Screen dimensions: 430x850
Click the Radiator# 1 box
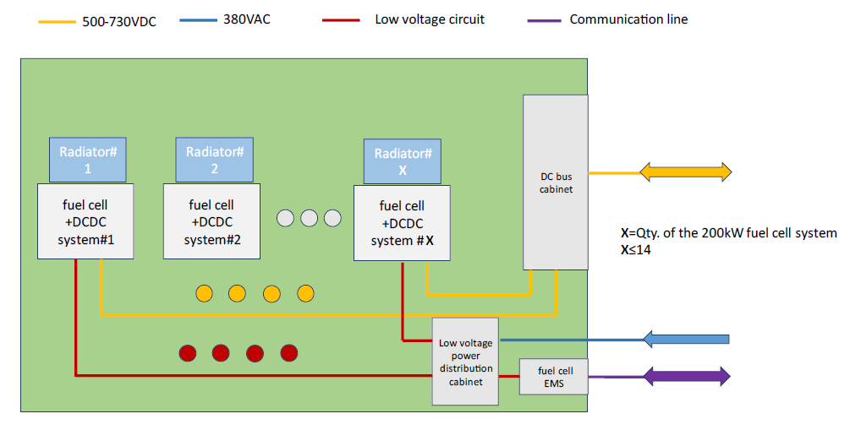tap(87, 160)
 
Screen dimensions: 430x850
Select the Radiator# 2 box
tap(214, 160)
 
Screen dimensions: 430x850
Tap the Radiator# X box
tap(403, 161)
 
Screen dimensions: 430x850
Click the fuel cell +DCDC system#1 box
tap(85, 222)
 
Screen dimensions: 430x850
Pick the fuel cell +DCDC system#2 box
tap(211, 222)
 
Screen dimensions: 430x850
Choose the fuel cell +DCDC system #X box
tap(402, 223)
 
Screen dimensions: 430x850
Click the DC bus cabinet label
tap(556, 182)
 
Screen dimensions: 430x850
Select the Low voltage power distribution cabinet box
tap(465, 362)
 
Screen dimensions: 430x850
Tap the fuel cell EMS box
tap(555, 377)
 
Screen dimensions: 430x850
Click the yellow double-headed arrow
tap(685, 172)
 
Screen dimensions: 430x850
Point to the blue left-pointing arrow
tap(685, 340)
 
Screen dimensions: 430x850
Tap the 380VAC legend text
tap(247, 19)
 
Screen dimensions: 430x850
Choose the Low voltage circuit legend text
tap(430, 19)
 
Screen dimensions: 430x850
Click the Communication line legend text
tap(628, 19)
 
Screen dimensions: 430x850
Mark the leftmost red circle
tap(189, 352)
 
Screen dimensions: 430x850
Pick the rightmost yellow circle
tap(305, 293)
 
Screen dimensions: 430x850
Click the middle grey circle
tap(309, 218)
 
